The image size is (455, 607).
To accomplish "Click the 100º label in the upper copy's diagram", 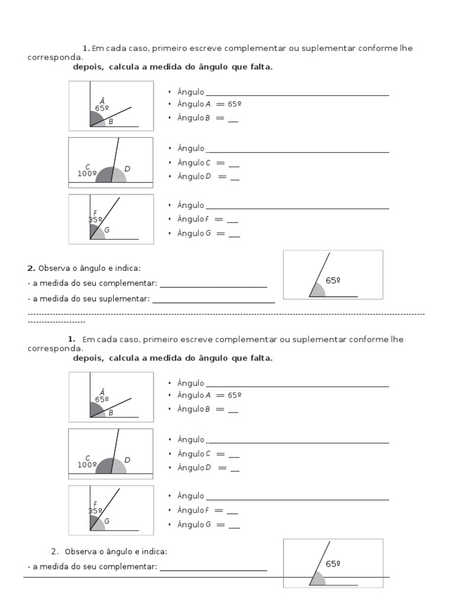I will (x=87, y=174).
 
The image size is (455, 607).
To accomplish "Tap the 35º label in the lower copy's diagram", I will (x=95, y=510).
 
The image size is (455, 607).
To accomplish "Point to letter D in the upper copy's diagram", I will (x=127, y=169).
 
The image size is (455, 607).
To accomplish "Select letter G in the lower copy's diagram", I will (x=107, y=521).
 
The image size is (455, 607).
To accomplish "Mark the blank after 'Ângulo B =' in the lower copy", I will (x=233, y=410).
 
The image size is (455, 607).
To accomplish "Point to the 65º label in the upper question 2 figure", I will (x=333, y=280).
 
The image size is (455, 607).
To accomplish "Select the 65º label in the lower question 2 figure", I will (x=333, y=564).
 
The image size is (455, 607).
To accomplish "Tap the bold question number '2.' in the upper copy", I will (x=31, y=269).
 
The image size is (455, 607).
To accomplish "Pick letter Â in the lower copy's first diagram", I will (x=102, y=392).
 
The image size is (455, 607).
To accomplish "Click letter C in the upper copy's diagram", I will (x=88, y=167).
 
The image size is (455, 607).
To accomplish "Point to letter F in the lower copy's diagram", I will (x=95, y=504).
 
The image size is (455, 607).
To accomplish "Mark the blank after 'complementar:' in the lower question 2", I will (x=213, y=567).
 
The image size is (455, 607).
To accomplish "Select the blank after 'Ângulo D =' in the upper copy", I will (x=235, y=177).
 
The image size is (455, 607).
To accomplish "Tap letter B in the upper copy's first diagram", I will (x=110, y=122).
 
